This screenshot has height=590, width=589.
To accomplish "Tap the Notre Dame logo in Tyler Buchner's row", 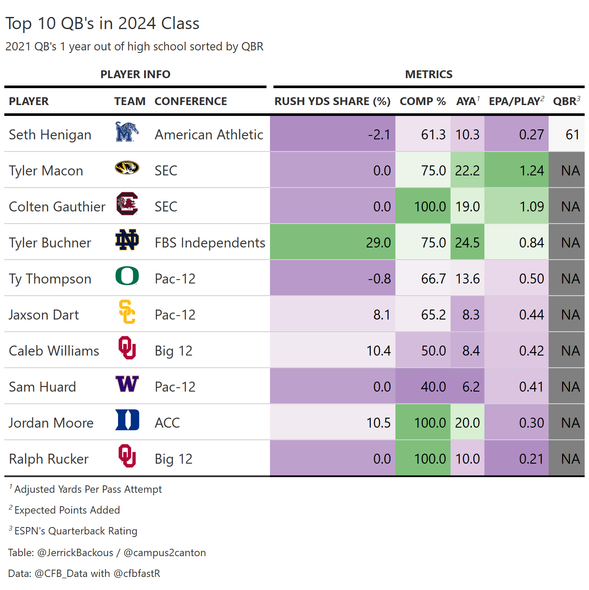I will pyautogui.click(x=127, y=240).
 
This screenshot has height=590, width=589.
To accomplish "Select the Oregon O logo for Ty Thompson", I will pyautogui.click(x=127, y=276).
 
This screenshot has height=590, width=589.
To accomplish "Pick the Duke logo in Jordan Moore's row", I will pyautogui.click(x=127, y=420).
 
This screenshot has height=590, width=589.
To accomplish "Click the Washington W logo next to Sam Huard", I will pyautogui.click(x=127, y=384).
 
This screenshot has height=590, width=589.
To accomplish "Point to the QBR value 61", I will pyautogui.click(x=572, y=135).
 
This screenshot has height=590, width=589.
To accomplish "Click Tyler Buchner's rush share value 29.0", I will pyautogui.click(x=378, y=243).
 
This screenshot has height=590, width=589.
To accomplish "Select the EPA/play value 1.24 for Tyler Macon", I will pyautogui.click(x=531, y=171).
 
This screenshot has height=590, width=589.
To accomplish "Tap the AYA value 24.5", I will pyautogui.click(x=467, y=243).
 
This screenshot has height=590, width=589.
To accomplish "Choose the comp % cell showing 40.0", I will pyautogui.click(x=433, y=387).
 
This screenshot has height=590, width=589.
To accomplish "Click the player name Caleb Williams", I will pyautogui.click(x=54, y=351).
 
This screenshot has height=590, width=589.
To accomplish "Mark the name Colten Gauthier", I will pyautogui.click(x=57, y=207).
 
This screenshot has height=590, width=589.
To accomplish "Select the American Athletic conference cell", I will pyautogui.click(x=209, y=135).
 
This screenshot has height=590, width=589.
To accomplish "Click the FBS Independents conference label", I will pyautogui.click(x=210, y=243).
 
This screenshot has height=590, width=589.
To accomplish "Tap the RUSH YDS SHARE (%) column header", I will pyautogui.click(x=332, y=102).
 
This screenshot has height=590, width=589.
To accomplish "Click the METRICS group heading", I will pyautogui.click(x=428, y=75).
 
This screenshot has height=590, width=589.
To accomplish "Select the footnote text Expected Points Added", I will pyautogui.click(x=67, y=510).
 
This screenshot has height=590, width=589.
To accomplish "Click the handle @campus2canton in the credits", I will pyautogui.click(x=165, y=553).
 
